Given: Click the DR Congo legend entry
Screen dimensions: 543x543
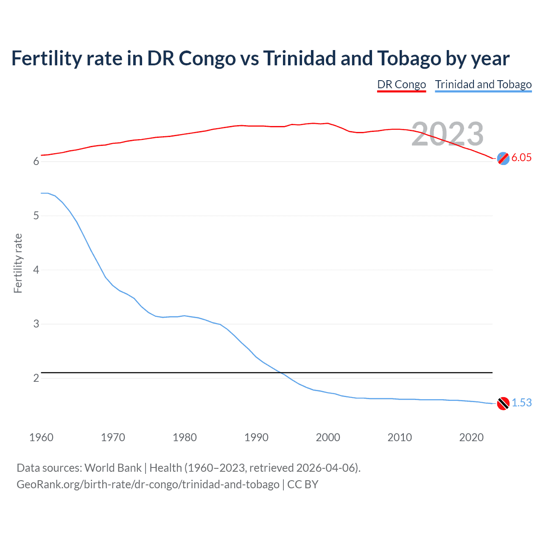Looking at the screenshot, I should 401,84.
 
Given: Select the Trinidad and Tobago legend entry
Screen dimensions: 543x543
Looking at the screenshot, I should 483,84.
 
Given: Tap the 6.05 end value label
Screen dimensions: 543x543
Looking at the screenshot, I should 521,157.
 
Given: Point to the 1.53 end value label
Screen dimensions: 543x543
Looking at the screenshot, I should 521,403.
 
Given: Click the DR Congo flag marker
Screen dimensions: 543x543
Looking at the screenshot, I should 503,158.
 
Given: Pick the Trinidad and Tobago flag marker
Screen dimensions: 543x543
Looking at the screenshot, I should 503,403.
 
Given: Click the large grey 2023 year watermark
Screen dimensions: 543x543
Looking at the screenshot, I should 448,134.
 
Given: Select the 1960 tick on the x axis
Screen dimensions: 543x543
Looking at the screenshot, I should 41,437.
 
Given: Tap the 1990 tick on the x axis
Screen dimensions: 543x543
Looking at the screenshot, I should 256,437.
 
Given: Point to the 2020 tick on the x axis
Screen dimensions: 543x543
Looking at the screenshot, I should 471,437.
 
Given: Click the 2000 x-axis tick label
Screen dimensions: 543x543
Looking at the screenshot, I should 328,437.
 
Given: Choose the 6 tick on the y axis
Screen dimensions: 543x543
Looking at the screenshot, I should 36,162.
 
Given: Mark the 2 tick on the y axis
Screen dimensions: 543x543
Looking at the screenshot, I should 36,378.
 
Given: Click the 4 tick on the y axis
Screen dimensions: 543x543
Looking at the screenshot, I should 36,270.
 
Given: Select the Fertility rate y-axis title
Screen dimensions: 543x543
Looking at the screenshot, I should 18,263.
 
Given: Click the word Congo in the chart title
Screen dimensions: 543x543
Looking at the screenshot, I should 207,59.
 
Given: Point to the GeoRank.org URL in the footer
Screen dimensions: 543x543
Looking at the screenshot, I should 148,484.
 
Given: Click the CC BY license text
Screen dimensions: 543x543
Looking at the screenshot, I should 303,484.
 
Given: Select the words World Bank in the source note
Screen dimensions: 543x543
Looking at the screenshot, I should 113,468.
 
